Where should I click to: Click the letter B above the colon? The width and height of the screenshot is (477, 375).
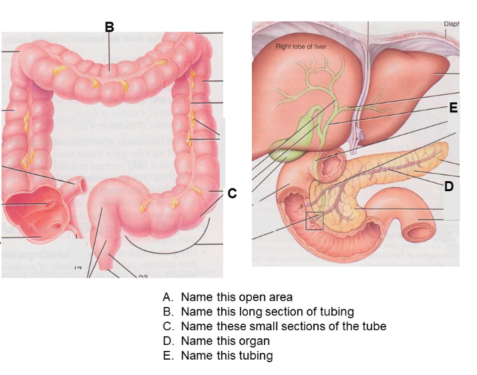coord(110,27)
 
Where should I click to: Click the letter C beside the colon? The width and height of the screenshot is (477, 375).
coord(232,194)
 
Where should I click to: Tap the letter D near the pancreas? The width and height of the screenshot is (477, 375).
coord(449,186)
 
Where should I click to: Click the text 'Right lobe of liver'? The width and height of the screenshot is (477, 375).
coord(301,47)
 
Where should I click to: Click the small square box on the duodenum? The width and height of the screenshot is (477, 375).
coord(314,221)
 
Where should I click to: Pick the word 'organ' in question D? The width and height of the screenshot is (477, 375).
coord(255,341)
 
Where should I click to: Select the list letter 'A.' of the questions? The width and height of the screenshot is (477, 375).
coord(168,297)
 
